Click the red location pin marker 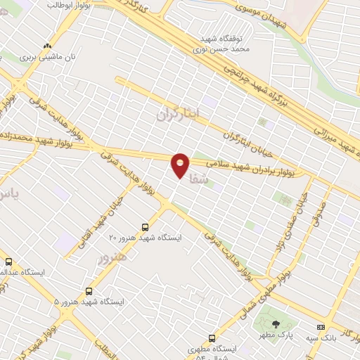(x=181, y=165)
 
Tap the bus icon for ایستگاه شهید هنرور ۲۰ (x=145, y=227)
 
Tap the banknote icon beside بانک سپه (x=321, y=327)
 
